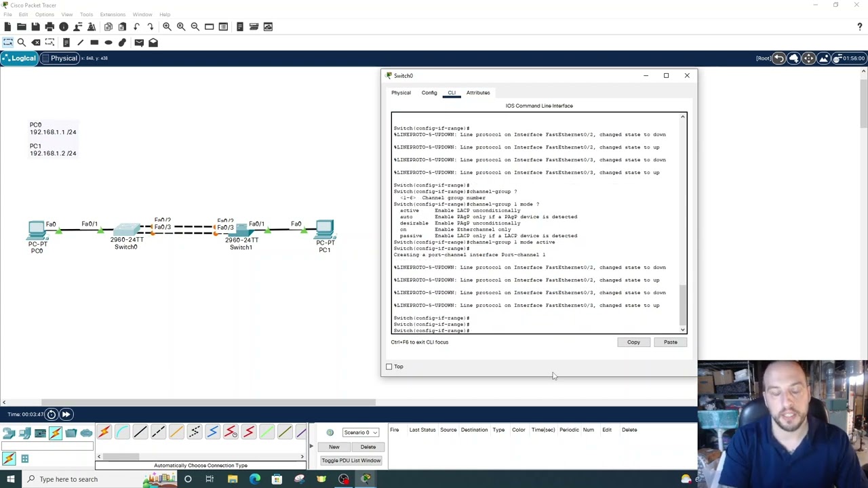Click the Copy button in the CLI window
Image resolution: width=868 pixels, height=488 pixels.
tap(633, 342)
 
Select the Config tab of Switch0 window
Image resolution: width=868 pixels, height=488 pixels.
tap(429, 93)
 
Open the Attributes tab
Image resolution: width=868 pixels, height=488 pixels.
tap(477, 93)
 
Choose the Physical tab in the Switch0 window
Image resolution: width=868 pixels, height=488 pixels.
tap(401, 93)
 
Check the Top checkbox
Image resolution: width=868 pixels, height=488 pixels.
tap(389, 367)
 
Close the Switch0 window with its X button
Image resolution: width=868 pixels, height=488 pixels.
tap(686, 75)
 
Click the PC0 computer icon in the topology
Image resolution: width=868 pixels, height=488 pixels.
tap(37, 230)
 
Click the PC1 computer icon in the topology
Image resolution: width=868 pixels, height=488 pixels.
tap(325, 229)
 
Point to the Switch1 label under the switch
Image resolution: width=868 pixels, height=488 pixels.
tap(241, 247)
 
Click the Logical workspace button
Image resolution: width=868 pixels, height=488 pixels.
tap(19, 58)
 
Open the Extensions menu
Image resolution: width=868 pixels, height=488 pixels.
tap(113, 14)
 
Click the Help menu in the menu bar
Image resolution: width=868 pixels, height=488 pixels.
tap(165, 14)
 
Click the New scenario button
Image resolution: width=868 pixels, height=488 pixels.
tap(334, 447)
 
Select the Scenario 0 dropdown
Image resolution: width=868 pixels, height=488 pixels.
tap(360, 432)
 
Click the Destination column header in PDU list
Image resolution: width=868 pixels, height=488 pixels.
tap(474, 430)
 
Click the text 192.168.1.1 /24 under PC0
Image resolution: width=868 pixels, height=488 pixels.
tap(53, 132)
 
